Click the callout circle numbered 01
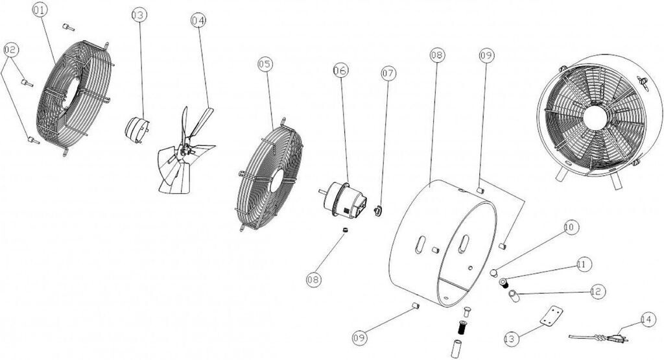tap(39, 10)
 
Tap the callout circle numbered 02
tap(11, 50)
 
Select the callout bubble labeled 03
tap(139, 16)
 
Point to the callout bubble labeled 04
tap(198, 20)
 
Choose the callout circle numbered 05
tap(265, 64)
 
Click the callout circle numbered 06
tap(340, 70)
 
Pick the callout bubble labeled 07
tap(388, 73)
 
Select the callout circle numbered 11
tap(584, 265)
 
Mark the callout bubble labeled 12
tap(597, 292)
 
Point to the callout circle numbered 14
tap(648, 319)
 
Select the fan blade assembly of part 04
tap(185, 152)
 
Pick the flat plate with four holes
tap(552, 317)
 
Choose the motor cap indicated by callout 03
tap(137, 129)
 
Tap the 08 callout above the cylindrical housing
tap(438, 54)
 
